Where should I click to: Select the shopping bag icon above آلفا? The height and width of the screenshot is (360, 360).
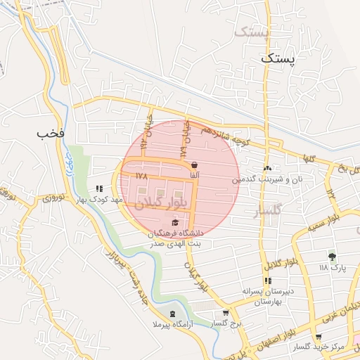tap(193, 165)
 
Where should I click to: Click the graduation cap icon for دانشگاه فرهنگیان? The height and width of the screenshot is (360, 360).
tap(175, 223)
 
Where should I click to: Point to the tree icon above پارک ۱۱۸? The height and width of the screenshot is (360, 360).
tap(332, 257)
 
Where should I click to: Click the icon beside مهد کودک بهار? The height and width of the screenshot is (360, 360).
tap(99, 188)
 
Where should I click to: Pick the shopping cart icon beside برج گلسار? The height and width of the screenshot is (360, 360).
tap(225, 313)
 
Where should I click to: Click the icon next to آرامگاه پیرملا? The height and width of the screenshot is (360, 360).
tap(173, 314)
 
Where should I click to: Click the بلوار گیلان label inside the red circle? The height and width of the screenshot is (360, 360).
tap(158, 199)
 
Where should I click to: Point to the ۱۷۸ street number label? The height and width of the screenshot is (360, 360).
tap(141, 178)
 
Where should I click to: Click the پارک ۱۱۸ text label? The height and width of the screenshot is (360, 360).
tap(333, 268)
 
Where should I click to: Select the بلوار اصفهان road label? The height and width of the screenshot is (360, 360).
tap(274, 333)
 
